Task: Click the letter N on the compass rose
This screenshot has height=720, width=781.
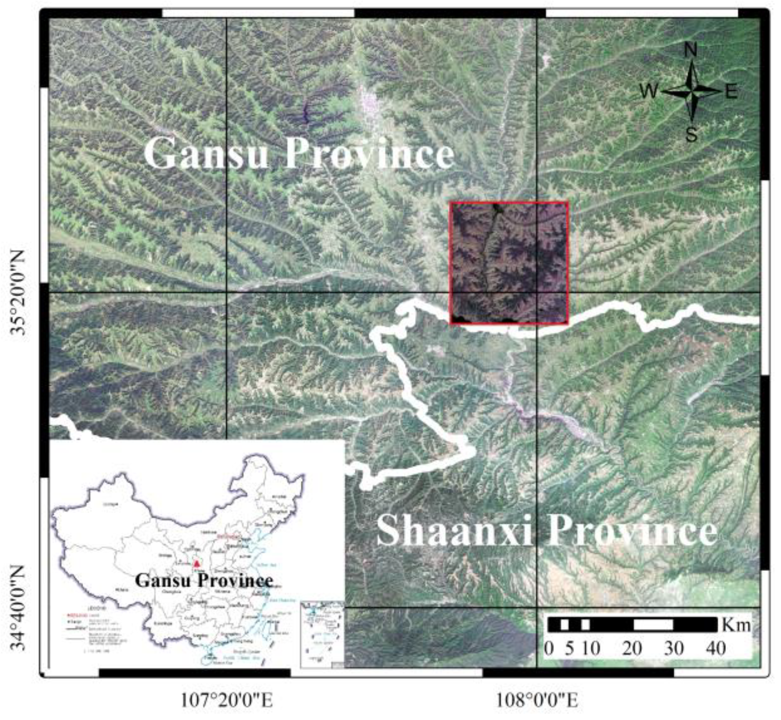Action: click(691, 51)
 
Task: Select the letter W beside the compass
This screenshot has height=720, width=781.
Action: click(649, 91)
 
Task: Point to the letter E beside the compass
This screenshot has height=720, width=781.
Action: click(731, 91)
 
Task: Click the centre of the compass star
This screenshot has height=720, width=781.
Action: click(692, 91)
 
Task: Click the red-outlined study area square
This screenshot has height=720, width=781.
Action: click(509, 263)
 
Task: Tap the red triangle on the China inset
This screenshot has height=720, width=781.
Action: click(196, 564)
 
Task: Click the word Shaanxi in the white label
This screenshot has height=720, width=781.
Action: click(454, 531)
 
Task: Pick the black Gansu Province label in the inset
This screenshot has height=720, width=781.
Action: click(204, 580)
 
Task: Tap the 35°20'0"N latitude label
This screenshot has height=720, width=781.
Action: click(19, 293)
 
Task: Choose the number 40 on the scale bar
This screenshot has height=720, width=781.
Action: click(716, 648)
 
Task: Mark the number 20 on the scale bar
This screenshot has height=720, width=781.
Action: click(632, 648)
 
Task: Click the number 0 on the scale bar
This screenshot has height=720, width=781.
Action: click(549, 648)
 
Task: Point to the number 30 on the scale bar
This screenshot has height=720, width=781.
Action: click(674, 648)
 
